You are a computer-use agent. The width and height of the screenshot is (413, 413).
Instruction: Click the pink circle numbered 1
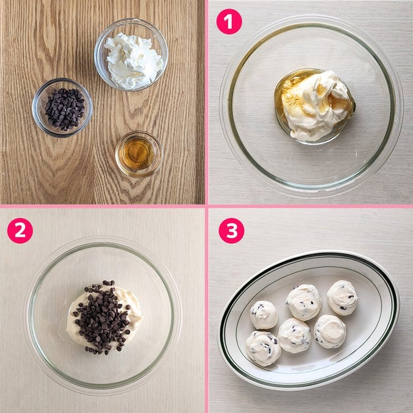coord(229,22)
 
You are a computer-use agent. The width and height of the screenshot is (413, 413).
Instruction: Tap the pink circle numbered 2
coord(20,231)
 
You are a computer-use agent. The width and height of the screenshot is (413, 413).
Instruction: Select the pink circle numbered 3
coord(231,231)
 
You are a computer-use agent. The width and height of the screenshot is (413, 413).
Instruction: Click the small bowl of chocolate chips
coord(62,108)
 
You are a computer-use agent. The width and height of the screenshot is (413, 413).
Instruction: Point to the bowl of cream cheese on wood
coord(131,55)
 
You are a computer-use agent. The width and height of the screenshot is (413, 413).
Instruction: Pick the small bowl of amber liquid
coord(139,154)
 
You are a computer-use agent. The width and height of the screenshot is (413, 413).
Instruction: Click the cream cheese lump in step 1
coord(317,105)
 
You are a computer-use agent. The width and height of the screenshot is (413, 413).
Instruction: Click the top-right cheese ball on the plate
coord(342,297)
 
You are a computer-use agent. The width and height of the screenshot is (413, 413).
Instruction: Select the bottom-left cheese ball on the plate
coord(263,348)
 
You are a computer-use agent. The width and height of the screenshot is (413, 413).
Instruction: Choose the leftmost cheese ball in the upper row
coord(264,315)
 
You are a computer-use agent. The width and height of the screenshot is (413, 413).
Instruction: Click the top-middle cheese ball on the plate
coord(304,303)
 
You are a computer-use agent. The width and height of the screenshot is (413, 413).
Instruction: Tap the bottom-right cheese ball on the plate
coord(330,331)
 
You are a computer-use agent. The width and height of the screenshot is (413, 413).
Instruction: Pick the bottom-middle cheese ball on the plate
coord(295,335)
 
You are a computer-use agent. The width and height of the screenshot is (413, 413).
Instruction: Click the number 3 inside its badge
coord(231,231)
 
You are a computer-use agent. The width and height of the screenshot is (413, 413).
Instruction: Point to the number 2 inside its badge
coord(20,231)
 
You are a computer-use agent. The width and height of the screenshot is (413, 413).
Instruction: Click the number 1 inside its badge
coord(229,22)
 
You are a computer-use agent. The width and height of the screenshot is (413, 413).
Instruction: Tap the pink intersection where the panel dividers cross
coord(206,206)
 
